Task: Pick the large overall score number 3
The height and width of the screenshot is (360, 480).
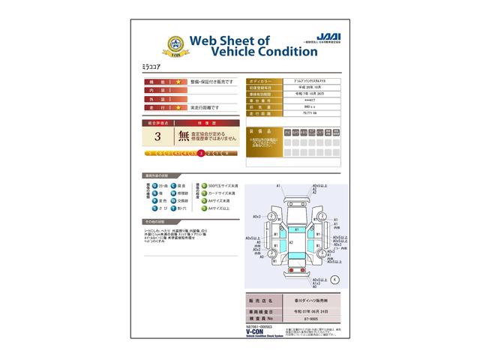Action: point(157,136)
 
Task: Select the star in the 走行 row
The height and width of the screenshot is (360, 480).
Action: point(178,107)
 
